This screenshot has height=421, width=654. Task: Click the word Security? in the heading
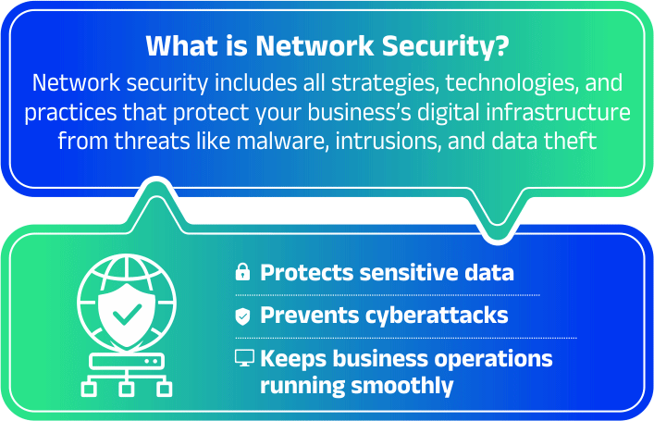point(445,47)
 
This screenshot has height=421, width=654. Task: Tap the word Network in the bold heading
point(315,46)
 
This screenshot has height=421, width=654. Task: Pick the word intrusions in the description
point(388,142)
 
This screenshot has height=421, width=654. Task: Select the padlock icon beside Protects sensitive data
point(242,272)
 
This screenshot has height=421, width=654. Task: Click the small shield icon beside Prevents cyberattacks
point(242,316)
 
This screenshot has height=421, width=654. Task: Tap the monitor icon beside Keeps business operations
point(244,358)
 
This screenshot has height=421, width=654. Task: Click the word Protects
point(307,273)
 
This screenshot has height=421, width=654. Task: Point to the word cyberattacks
point(437,316)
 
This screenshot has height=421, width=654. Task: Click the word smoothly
point(402,386)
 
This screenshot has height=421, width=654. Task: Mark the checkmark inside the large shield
point(128,314)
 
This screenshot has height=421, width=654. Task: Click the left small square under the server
point(89,390)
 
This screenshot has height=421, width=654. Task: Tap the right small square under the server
point(165,390)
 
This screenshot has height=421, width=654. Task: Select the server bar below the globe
point(127,362)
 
